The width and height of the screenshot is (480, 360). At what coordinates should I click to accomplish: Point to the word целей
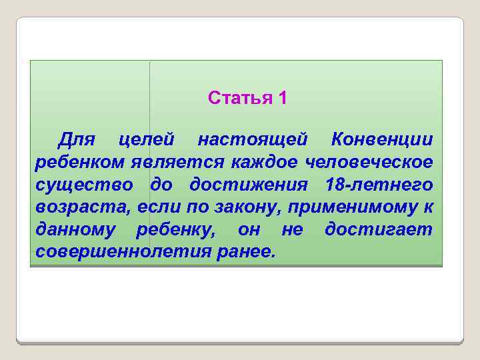tap(146, 140)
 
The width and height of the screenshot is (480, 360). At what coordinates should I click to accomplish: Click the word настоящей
tap(253, 140)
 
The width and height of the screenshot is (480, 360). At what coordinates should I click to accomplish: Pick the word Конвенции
tap(382, 140)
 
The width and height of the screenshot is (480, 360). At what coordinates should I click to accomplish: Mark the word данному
tap(75, 231)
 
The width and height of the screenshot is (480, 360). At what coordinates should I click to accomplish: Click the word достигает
tap(378, 231)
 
